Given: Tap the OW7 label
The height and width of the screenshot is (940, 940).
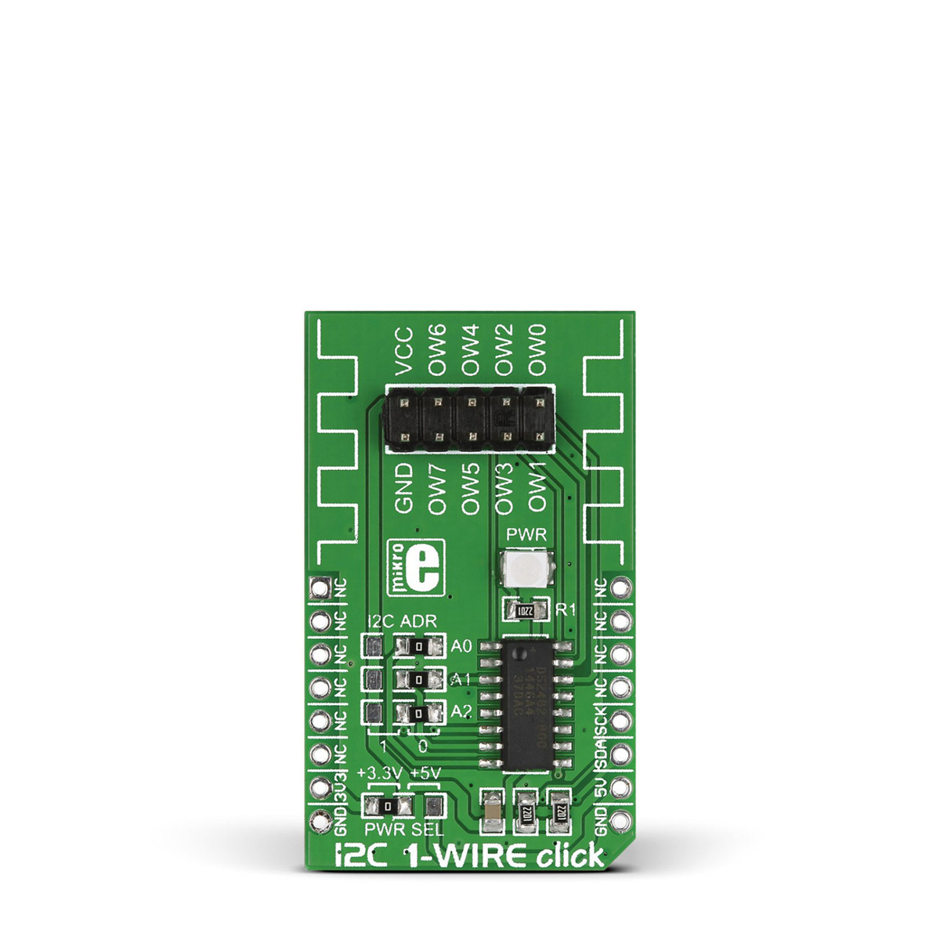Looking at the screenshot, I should pyautogui.click(x=438, y=489).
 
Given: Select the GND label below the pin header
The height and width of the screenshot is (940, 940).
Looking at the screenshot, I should pyautogui.click(x=403, y=488).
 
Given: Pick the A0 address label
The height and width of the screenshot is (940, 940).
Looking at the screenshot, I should pyautogui.click(x=461, y=647).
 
